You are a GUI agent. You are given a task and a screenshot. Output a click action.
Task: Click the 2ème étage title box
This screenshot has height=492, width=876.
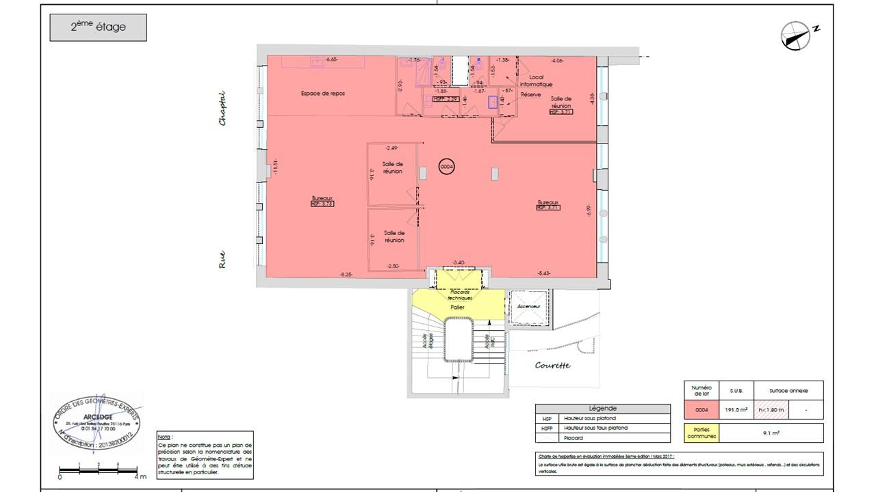click(98, 28)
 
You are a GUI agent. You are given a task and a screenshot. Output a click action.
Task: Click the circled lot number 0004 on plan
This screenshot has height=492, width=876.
click(447, 166)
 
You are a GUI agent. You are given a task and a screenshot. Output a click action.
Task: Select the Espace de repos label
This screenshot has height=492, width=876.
click(322, 93)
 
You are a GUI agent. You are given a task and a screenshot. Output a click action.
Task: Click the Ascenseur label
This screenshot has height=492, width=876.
click(529, 307)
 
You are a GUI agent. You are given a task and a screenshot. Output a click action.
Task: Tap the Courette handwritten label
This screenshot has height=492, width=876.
click(552, 366)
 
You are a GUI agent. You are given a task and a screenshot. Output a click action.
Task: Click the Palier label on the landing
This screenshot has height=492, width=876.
click(457, 307)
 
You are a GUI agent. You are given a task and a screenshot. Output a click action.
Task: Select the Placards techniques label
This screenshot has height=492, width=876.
click(459, 295)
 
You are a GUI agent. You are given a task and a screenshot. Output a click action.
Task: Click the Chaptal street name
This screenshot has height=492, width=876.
click(222, 109)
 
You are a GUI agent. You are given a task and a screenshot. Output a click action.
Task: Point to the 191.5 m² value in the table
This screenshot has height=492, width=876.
click(737, 410)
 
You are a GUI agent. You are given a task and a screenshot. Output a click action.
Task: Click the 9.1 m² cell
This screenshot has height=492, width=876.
click(771, 433)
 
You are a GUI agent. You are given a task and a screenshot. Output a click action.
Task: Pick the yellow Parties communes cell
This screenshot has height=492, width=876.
click(701, 433)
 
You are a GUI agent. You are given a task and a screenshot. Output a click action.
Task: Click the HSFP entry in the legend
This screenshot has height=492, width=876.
click(547, 428)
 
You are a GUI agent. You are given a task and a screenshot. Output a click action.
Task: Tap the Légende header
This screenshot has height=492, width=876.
click(602, 408)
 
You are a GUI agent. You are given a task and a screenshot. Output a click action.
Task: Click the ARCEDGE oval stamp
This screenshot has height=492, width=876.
click(97, 424)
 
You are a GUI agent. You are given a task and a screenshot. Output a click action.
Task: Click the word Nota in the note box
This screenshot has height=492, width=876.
click(164, 437)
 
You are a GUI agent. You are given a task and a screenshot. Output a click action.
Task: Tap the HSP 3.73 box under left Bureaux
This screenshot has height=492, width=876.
click(322, 204)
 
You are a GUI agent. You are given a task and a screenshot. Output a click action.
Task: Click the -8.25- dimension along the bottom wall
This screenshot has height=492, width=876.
click(346, 274)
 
